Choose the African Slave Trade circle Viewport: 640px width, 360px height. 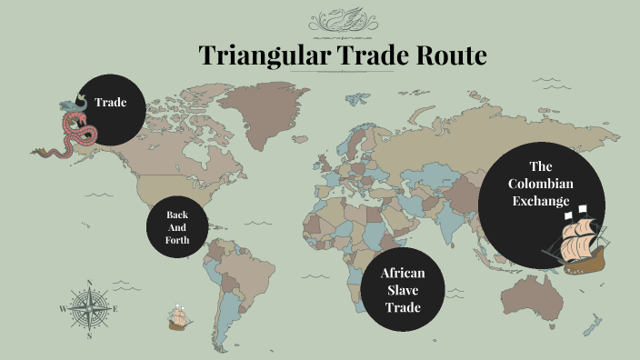(x=403, y=289)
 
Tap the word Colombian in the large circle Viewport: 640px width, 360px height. (x=542, y=184)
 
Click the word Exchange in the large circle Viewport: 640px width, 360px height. (x=541, y=201)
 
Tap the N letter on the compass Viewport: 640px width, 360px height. (x=89, y=283)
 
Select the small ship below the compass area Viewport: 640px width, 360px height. (x=177, y=317)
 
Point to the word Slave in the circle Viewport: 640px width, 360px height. (x=403, y=289)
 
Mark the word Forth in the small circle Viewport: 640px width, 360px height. (x=176, y=240)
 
